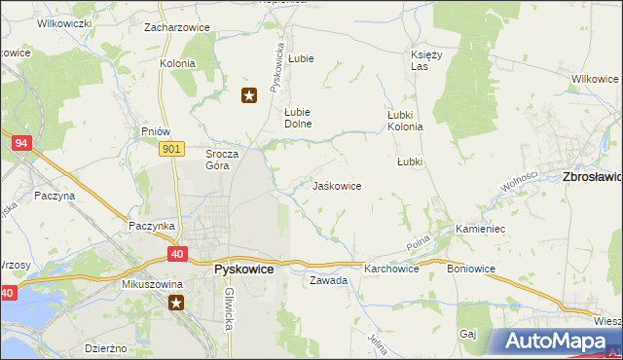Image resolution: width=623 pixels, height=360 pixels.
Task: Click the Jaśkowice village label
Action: coord(337,186)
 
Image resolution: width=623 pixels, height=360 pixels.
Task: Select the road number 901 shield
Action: coord(171,148)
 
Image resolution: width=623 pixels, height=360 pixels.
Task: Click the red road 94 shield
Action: coord(21,143)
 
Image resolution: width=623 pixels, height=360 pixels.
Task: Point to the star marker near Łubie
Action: coord(250,94)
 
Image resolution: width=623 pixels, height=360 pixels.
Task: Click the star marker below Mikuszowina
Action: coord(176,304)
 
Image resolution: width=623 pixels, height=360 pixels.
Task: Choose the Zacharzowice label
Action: coord(177,27)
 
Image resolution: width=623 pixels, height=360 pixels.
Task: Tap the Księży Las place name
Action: coord(426,61)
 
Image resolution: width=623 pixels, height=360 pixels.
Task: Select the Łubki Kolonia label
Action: coord(405,121)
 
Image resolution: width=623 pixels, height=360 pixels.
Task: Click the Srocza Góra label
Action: coord(217,160)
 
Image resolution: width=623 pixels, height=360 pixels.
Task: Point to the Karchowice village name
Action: coord(391,269)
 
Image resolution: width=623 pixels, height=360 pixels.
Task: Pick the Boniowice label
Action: coord(471,269)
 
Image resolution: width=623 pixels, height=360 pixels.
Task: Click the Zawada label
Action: coord(328,280)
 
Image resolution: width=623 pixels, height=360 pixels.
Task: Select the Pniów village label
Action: coord(156,131)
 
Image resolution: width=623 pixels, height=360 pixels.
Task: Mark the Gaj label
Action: coord(468,334)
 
